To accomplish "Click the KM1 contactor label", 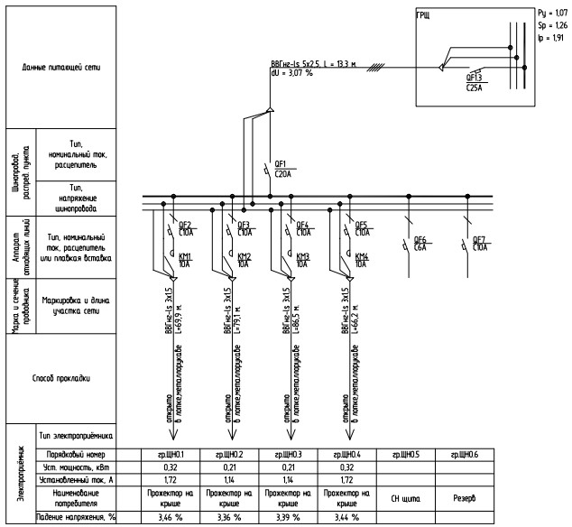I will coord(185,256).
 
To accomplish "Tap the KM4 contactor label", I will coord(362,256).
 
